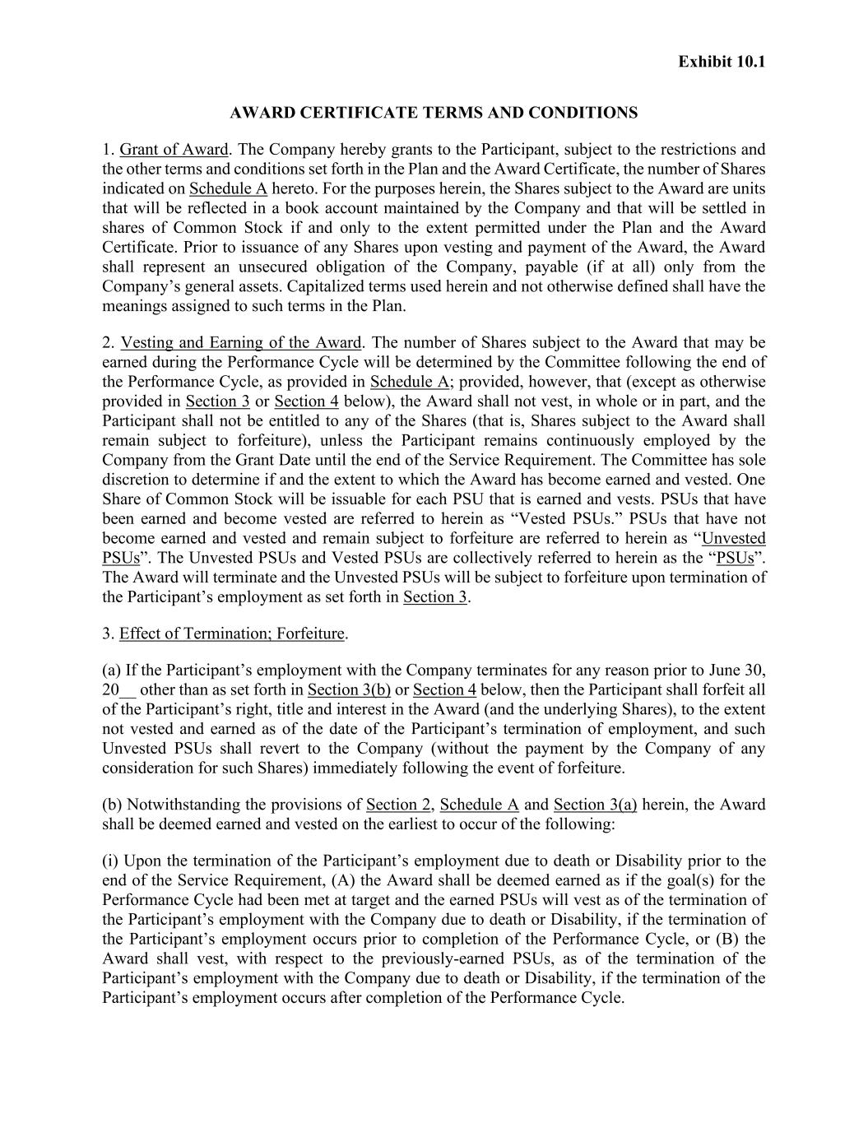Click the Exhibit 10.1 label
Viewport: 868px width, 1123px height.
722,62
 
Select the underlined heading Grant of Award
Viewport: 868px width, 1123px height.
174,150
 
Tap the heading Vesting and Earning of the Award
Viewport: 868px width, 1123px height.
241,342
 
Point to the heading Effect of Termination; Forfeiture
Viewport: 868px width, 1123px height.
232,633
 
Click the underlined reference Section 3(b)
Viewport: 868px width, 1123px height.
349,689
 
